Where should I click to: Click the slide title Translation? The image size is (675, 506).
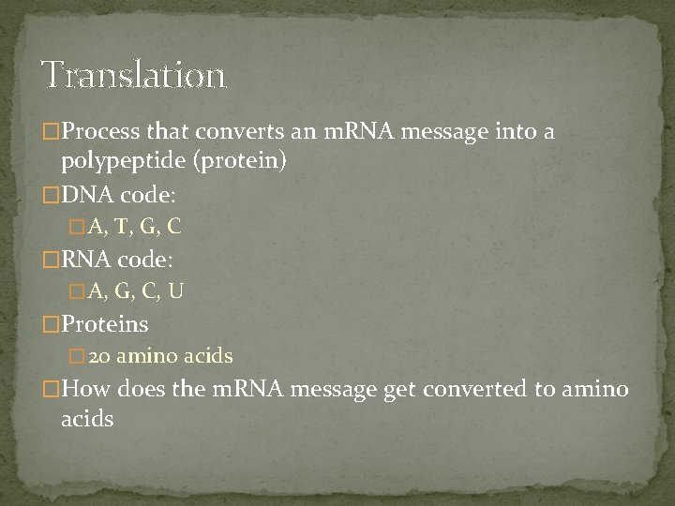(x=133, y=74)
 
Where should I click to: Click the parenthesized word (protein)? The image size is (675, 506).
(x=241, y=161)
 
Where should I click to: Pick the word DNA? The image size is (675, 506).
(x=87, y=196)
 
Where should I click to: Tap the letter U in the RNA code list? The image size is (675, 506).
(x=175, y=291)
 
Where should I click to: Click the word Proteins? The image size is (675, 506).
(x=104, y=324)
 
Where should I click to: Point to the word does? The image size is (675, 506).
(x=141, y=390)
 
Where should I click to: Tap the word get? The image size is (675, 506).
(x=403, y=390)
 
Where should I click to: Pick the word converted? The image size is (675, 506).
(x=478, y=390)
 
